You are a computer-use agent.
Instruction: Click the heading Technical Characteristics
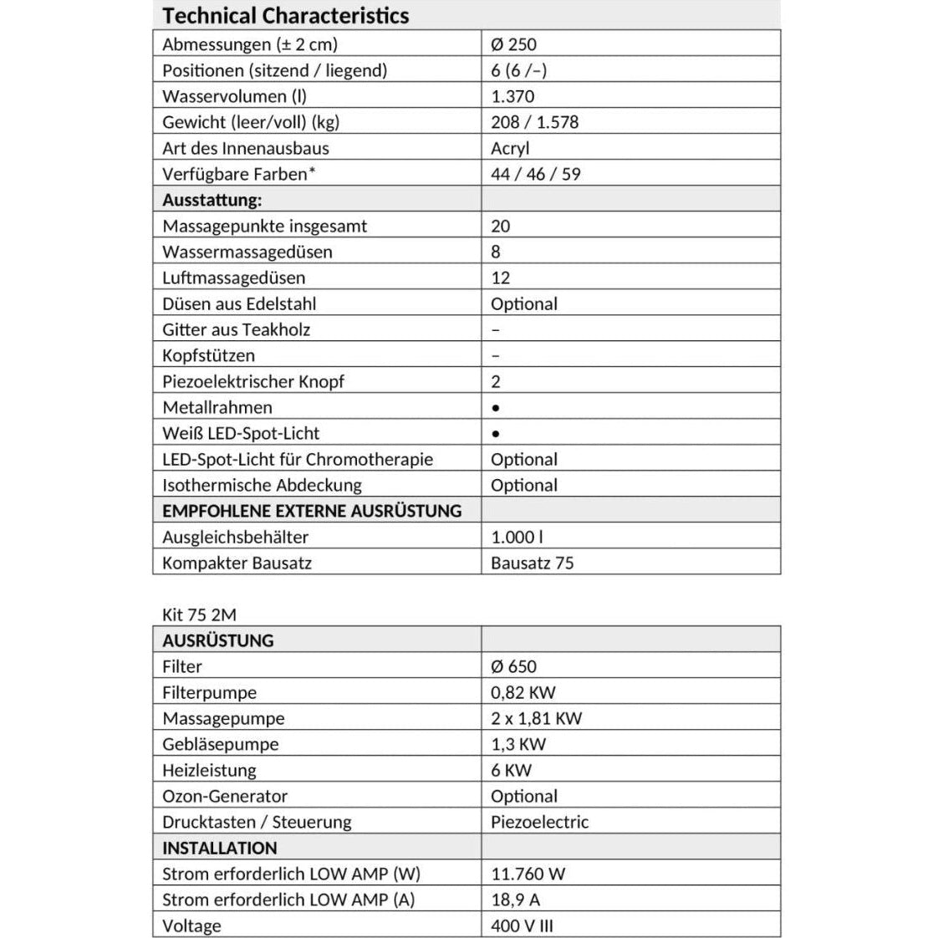click(x=285, y=16)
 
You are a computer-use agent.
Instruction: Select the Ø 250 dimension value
click(x=513, y=44)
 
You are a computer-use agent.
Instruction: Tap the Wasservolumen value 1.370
click(x=512, y=96)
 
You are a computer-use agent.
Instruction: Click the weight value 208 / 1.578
click(x=534, y=122)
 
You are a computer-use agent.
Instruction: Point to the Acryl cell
click(x=510, y=148)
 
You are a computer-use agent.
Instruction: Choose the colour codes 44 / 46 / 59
click(x=535, y=174)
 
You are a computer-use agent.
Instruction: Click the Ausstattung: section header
click(x=212, y=200)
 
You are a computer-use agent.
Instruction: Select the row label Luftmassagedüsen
click(x=233, y=278)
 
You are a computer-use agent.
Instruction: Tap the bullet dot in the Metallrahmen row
click(x=496, y=408)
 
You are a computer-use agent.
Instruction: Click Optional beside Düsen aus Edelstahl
click(x=523, y=303)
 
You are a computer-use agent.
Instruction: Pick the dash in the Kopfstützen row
click(x=496, y=356)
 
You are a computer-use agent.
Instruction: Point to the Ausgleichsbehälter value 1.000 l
click(x=517, y=537)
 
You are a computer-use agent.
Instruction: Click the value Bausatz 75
click(x=532, y=563)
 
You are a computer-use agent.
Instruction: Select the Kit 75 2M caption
click(x=199, y=614)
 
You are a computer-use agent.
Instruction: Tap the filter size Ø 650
click(x=513, y=666)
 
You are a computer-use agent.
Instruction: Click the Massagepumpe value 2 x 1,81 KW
click(x=536, y=718)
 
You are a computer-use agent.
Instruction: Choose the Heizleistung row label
click(x=209, y=770)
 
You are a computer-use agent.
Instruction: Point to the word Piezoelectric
click(x=539, y=822)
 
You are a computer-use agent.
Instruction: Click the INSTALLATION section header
click(x=219, y=848)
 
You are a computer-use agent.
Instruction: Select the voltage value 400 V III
click(x=522, y=925)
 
